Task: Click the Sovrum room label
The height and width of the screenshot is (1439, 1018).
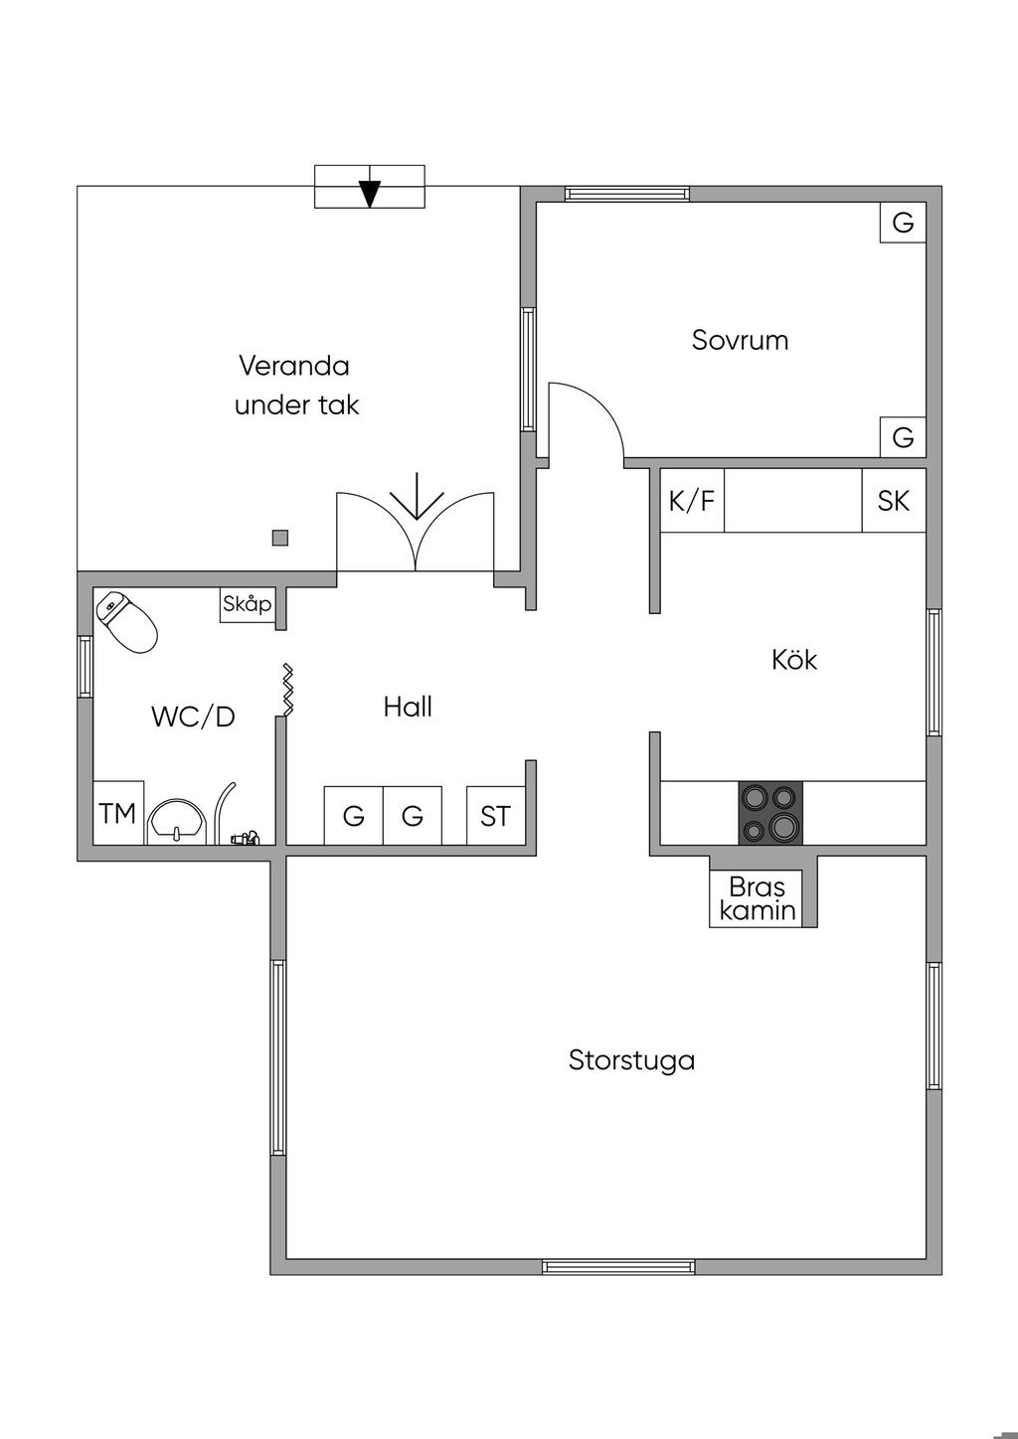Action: pyautogui.click(x=740, y=340)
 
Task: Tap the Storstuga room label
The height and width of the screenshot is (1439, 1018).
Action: pyautogui.click(x=631, y=1060)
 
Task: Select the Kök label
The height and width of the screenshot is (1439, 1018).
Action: pyautogui.click(x=794, y=660)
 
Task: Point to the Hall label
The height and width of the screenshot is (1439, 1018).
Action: pyautogui.click(x=408, y=707)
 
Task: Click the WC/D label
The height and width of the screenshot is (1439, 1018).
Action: pyautogui.click(x=194, y=717)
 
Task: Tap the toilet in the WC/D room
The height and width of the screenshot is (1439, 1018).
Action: pyautogui.click(x=126, y=621)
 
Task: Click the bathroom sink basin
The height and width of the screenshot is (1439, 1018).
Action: pyautogui.click(x=177, y=821)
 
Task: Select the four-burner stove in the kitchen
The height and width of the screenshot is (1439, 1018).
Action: pyautogui.click(x=770, y=813)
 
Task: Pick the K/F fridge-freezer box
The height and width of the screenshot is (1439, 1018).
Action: pyautogui.click(x=692, y=501)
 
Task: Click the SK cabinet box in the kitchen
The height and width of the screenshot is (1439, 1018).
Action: pyautogui.click(x=894, y=501)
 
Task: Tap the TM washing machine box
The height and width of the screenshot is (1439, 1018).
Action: pyautogui.click(x=118, y=813)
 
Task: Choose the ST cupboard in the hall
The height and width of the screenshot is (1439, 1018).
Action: pyautogui.click(x=495, y=815)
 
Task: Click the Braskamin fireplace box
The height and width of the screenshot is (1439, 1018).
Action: pyautogui.click(x=756, y=898)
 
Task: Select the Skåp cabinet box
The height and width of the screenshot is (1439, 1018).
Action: pyautogui.click(x=248, y=604)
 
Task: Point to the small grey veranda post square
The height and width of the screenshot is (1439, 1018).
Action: pyautogui.click(x=279, y=538)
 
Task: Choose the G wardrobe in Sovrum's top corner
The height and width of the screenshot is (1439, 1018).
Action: pyautogui.click(x=903, y=223)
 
